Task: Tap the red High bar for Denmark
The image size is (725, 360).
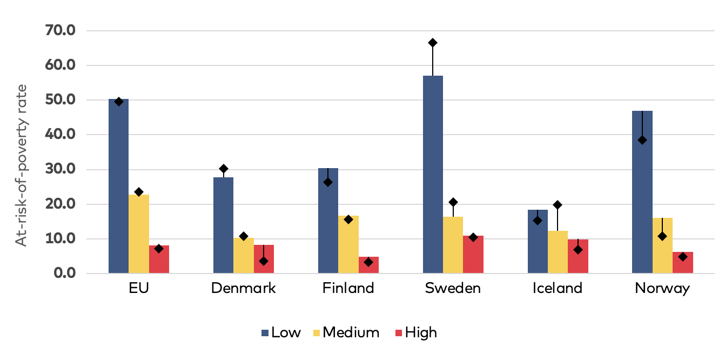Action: (264, 259)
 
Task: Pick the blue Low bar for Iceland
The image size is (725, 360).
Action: (538, 241)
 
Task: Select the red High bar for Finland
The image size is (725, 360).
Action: (368, 265)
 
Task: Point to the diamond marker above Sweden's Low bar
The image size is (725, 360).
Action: (433, 43)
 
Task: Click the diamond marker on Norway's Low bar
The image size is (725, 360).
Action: (642, 140)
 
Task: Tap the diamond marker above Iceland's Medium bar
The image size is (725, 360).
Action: (558, 205)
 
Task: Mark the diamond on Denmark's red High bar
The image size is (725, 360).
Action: (264, 261)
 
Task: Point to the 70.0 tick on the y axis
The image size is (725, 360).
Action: (60, 31)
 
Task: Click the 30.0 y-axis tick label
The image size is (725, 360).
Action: (60, 170)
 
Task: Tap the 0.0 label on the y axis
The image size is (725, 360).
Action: (64, 274)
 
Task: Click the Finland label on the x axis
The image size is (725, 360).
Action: (348, 288)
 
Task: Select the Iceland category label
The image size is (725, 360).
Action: (558, 288)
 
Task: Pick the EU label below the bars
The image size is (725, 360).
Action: (139, 288)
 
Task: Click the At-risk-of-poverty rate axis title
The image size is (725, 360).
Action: (21, 165)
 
